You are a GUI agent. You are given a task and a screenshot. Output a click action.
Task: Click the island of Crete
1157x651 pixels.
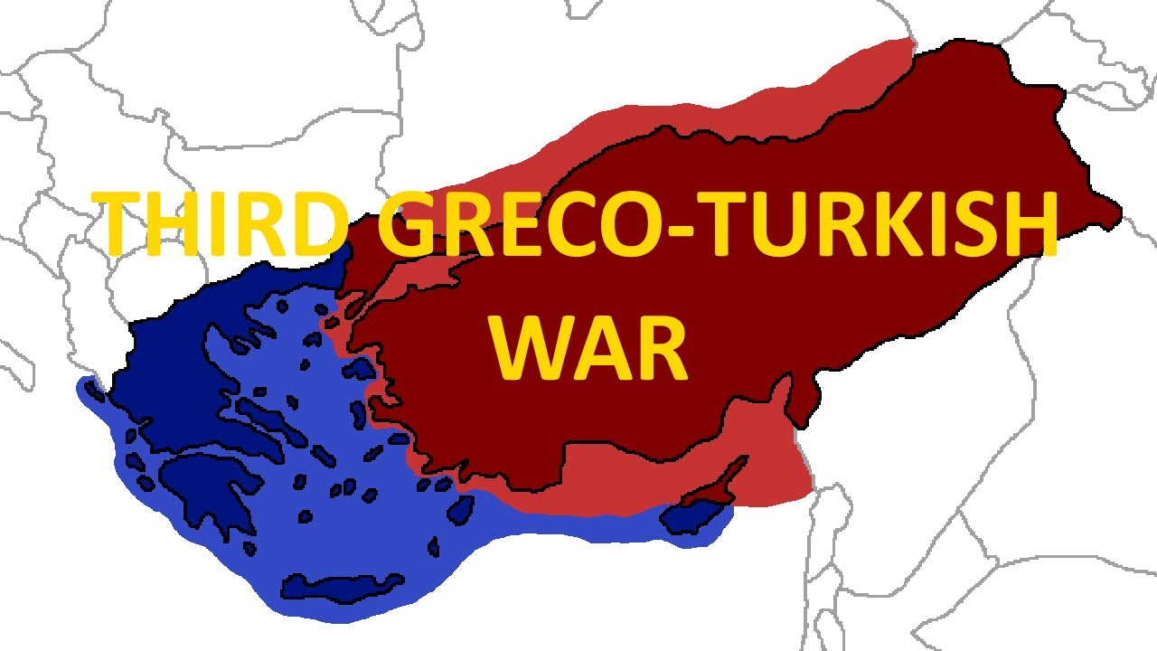[343, 588]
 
